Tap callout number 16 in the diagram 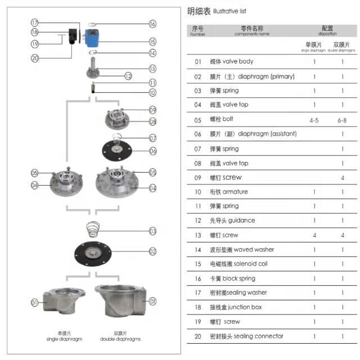pos(152,24)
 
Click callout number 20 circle pos(35,57)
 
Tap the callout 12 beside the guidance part pos(128,76)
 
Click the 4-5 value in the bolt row pos(314,120)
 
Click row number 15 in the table pos(197,264)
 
